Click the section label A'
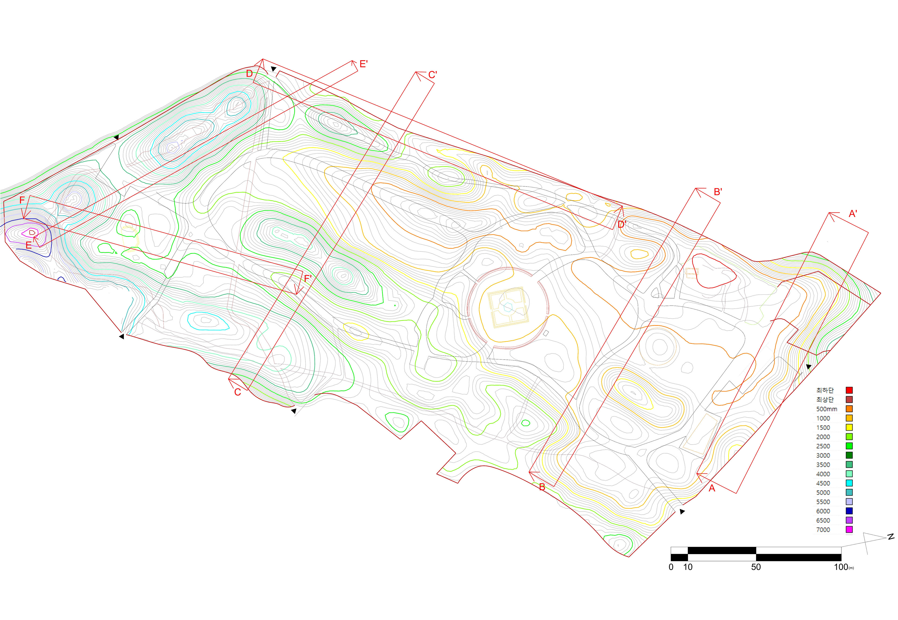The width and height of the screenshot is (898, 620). (853, 214)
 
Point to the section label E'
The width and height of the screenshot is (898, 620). (363, 64)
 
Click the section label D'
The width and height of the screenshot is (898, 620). (622, 224)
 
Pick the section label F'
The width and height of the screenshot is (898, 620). (308, 278)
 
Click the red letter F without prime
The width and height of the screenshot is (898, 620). (22, 200)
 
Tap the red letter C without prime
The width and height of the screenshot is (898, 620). (237, 392)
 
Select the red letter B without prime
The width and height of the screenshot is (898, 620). (542, 487)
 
